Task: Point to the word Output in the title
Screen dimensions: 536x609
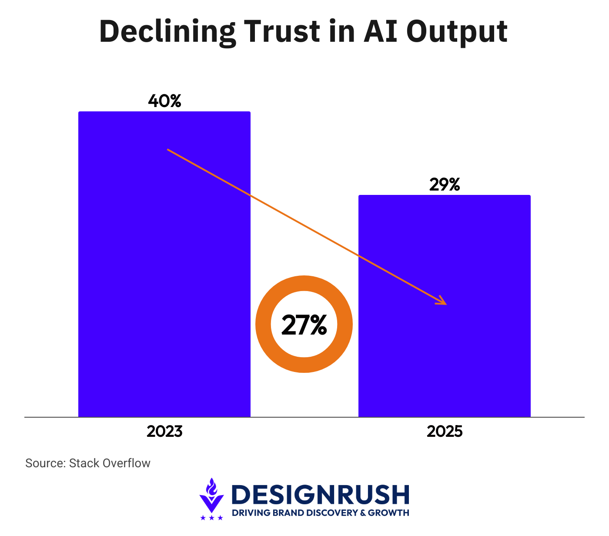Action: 457,32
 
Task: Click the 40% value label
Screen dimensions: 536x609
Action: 164,101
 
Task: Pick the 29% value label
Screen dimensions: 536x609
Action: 444,185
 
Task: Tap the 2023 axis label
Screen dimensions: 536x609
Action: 164,432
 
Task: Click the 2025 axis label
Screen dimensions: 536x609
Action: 444,432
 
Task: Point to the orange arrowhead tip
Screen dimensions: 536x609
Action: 446,304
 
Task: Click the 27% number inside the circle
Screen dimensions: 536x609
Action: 304,325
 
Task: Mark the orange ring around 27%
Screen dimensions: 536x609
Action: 264,324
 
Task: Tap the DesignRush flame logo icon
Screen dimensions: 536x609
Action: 211,495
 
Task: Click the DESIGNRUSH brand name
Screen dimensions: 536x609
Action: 321,495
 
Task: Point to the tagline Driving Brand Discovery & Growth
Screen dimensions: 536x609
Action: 321,513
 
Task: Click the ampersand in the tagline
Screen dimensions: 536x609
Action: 363,513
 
